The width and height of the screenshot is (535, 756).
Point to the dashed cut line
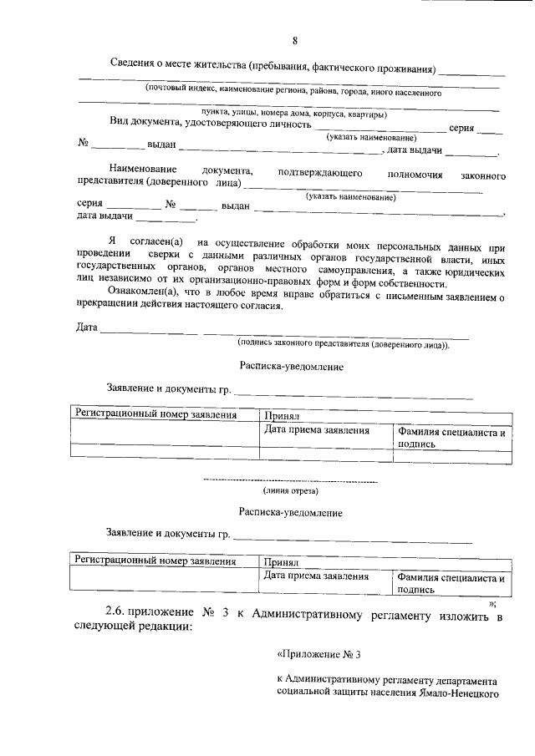(291, 482)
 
